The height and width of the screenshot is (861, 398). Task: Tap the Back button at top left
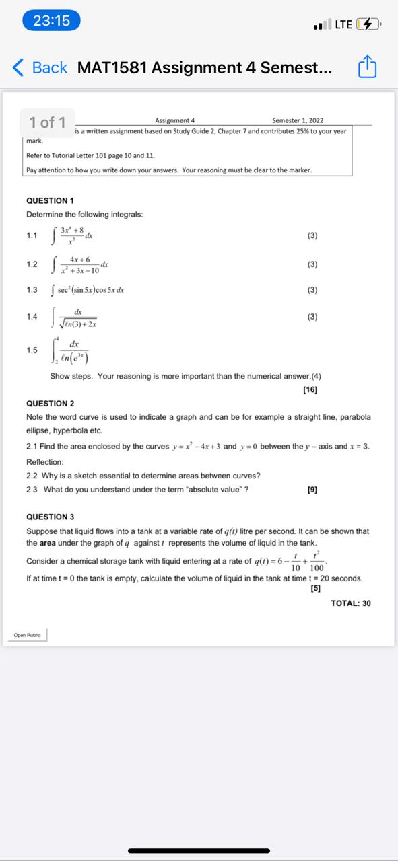click(x=40, y=67)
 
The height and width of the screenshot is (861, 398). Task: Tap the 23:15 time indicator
click(x=52, y=21)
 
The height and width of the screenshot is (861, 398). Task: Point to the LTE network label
click(x=343, y=25)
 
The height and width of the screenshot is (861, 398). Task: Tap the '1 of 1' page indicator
click(x=47, y=122)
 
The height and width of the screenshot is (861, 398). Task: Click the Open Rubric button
click(x=28, y=634)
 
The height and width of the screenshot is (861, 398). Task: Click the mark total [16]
click(x=310, y=389)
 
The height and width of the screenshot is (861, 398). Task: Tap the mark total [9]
click(x=312, y=490)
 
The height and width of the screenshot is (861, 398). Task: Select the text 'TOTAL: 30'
click(x=351, y=603)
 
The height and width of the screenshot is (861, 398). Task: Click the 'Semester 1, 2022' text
click(x=298, y=120)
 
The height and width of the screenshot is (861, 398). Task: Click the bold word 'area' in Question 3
click(x=48, y=543)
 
